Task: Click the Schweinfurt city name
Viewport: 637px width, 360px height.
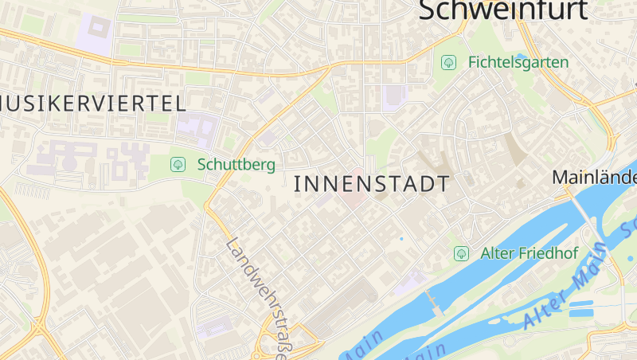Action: [502, 10]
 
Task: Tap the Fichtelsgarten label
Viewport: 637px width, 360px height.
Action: [518, 62]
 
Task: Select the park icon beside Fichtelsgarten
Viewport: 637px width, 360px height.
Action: [449, 61]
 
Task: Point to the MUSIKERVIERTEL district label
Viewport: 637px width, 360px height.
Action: [93, 103]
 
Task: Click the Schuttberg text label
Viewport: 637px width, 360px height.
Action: [236, 165]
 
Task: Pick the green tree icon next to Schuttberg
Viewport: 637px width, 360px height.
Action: [178, 165]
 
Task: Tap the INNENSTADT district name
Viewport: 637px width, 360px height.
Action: [372, 185]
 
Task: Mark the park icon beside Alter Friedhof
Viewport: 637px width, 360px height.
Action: [460, 254]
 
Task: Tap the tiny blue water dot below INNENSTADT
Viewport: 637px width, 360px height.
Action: [401, 238]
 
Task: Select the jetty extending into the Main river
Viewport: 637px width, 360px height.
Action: [432, 302]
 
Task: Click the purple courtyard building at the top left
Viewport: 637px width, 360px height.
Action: [96, 33]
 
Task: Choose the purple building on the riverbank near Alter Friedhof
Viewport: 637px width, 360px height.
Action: [410, 281]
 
